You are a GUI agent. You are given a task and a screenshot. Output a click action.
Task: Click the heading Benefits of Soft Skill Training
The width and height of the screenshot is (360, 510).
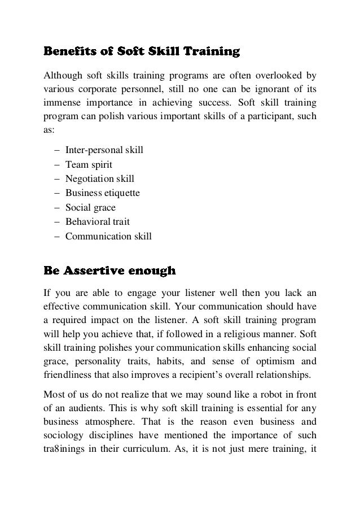point(142,53)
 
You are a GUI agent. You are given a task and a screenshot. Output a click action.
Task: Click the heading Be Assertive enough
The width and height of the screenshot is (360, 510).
point(109,271)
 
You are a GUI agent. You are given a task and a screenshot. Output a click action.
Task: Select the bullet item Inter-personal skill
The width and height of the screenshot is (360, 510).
point(104,150)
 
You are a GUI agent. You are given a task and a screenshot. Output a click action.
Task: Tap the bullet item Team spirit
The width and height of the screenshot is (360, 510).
point(89,164)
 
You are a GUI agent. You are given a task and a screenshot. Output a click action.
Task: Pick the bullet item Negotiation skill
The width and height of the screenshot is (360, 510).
point(99,179)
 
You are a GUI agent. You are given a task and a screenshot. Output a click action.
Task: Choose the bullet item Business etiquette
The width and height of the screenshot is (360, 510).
point(102,193)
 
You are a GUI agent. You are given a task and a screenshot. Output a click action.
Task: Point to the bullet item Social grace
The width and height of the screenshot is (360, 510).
point(90,208)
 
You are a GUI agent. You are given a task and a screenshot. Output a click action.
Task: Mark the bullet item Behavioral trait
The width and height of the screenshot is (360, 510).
point(97,222)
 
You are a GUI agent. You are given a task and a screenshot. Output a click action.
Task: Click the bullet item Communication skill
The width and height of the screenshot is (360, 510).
point(108,237)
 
